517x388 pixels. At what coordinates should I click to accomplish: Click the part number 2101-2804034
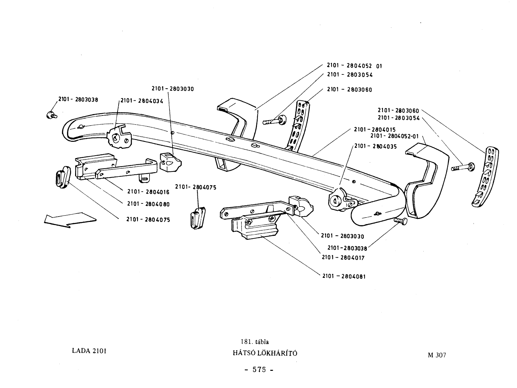click(x=142, y=101)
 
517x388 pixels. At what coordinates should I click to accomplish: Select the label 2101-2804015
click(x=375, y=129)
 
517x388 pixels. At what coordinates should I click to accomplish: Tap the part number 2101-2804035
click(x=376, y=147)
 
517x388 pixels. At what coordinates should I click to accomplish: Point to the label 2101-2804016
click(x=149, y=192)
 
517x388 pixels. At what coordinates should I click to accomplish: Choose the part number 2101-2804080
click(x=149, y=204)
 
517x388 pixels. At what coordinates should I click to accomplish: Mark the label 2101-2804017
click(x=343, y=258)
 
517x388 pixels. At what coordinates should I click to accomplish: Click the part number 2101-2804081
click(x=344, y=276)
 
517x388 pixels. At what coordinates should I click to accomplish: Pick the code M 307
click(x=437, y=355)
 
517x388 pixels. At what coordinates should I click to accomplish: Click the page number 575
click(x=259, y=369)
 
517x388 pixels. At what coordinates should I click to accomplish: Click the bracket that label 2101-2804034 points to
click(x=119, y=137)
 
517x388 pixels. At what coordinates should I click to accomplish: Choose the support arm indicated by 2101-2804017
click(x=257, y=209)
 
